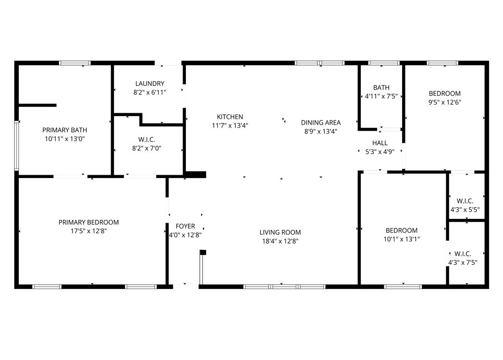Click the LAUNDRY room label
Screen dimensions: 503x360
[x=150, y=84]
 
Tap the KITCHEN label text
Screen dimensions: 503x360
[x=230, y=117]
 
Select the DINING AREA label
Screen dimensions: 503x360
[x=321, y=122]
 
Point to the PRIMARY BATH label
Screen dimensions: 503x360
[x=65, y=130]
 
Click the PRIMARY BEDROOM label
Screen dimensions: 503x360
[x=88, y=222]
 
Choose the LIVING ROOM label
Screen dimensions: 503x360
[x=280, y=232]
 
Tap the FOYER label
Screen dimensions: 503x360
[x=185, y=226]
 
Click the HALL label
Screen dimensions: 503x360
[x=380, y=143]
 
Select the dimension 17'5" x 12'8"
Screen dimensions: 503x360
[x=88, y=231]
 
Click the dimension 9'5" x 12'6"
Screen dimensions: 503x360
[x=444, y=102]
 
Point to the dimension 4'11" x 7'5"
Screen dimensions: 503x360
[x=381, y=96]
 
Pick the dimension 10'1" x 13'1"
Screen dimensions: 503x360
[x=402, y=239]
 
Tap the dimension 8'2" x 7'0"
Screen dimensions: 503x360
[x=147, y=148]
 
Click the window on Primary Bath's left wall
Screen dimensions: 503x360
[x=16, y=145]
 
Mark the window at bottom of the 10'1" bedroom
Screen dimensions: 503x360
[x=403, y=287]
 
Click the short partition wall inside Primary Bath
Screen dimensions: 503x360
[x=37, y=105]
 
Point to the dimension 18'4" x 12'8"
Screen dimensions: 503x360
[x=281, y=241]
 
